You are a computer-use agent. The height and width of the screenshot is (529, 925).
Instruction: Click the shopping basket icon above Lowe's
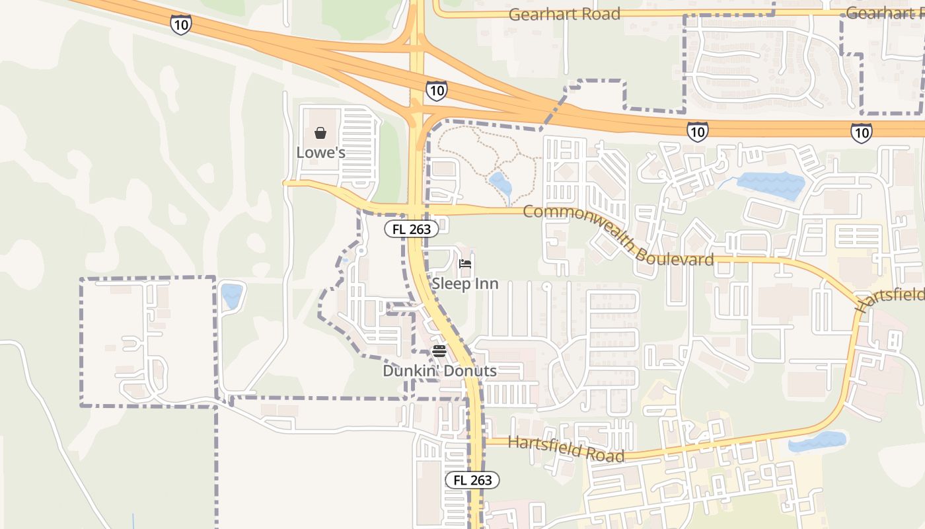[x=320, y=133]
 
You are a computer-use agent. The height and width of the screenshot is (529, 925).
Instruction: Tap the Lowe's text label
[x=320, y=153]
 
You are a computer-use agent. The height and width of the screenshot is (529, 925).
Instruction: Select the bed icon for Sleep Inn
[x=465, y=264]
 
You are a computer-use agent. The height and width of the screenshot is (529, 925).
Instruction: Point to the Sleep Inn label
[x=465, y=284]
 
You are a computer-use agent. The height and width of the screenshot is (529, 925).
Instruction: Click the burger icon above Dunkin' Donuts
[x=439, y=350]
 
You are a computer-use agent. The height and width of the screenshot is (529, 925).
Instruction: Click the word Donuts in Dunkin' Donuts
[x=471, y=371]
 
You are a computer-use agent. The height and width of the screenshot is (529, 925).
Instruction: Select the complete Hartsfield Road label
[x=566, y=449]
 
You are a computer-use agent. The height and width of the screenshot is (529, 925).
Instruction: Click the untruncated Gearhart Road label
[x=564, y=14]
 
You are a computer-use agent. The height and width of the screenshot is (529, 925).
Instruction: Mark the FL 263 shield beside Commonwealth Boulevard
[x=412, y=229]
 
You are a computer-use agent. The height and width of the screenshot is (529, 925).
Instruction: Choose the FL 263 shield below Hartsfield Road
[x=472, y=481]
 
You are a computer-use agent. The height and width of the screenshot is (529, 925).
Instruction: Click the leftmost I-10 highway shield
[x=180, y=25]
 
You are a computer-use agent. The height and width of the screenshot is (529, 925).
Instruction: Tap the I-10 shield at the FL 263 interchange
[x=436, y=91]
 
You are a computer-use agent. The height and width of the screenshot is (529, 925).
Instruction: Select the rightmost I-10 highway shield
[x=861, y=132]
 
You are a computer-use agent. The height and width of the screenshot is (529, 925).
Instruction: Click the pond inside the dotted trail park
[x=501, y=184]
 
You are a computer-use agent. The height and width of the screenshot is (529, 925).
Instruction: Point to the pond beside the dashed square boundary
[x=231, y=296]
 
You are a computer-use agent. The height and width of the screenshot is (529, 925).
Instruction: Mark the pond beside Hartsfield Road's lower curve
[x=817, y=442]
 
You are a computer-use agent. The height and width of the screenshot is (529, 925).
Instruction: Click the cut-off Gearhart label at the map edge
[x=885, y=13]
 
